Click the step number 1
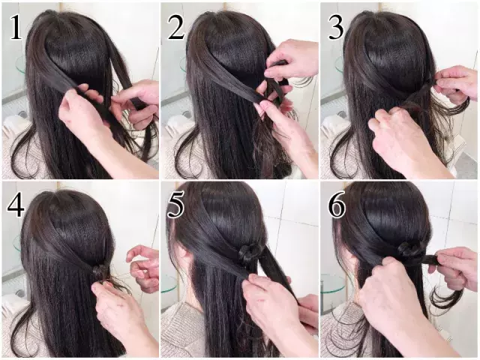click(x=16, y=28)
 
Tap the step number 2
click(x=176, y=28)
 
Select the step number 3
click(x=336, y=28)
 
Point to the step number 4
click(x=16, y=205)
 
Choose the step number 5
click(x=175, y=205)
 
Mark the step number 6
click(x=337, y=205)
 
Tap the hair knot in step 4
click(x=100, y=271)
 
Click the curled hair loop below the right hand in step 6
click(x=446, y=298)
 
